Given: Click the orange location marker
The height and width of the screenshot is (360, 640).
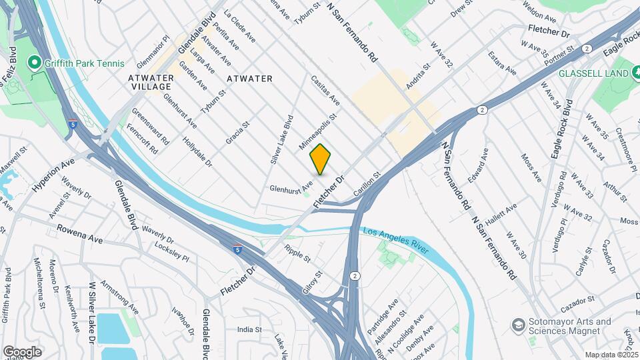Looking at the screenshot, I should (320, 159).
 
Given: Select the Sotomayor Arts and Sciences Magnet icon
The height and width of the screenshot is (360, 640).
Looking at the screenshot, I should (517, 325).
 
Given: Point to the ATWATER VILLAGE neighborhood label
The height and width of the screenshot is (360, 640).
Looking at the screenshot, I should (151, 83).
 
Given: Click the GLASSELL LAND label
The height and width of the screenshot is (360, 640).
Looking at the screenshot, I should (594, 73).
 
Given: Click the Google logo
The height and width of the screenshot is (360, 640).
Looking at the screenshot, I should (23, 351).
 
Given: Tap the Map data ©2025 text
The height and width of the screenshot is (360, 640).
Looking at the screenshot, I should (611, 355).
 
